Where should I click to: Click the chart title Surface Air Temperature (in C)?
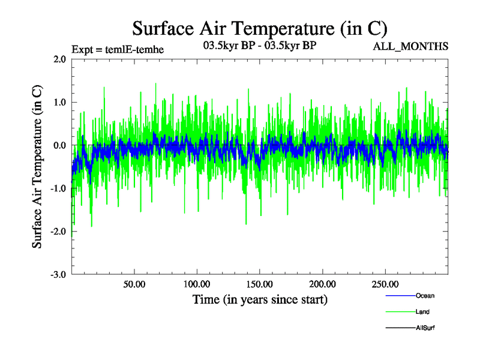click(260, 29)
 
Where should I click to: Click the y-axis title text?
click(37, 167)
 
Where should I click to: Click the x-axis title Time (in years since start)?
click(260, 299)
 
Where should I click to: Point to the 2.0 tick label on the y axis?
click(60, 59)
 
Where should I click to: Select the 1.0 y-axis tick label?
click(60, 103)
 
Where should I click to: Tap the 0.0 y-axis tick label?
click(60, 145)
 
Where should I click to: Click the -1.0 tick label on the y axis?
click(59, 188)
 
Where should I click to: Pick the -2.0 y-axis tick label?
click(59, 232)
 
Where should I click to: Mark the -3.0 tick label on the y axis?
click(59, 274)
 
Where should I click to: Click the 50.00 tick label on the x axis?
click(134, 284)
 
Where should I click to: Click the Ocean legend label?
click(425, 296)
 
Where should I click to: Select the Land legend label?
click(422, 312)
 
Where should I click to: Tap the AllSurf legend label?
click(425, 328)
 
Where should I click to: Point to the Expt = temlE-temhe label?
click(118, 49)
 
